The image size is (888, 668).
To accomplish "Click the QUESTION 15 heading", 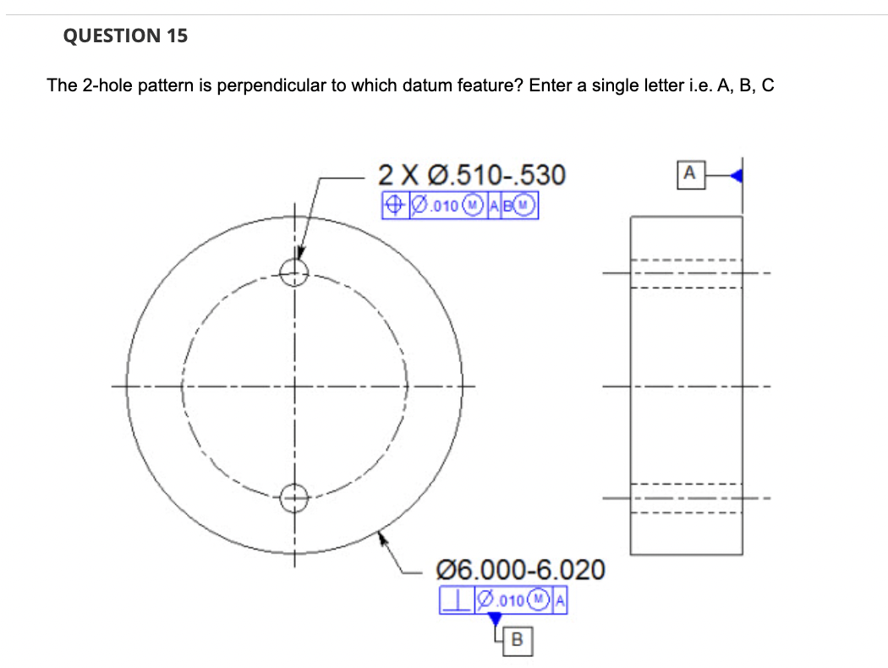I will [x=126, y=36].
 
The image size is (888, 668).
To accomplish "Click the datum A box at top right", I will [x=689, y=175].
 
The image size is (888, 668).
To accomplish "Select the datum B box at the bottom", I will [x=517, y=642].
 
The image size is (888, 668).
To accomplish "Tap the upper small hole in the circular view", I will [x=294, y=272].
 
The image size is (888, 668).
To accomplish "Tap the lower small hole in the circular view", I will [x=294, y=497].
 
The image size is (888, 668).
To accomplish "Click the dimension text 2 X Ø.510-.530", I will [x=471, y=175].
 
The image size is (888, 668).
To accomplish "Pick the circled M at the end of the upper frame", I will [x=529, y=205].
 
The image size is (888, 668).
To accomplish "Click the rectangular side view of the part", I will [x=687, y=385].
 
